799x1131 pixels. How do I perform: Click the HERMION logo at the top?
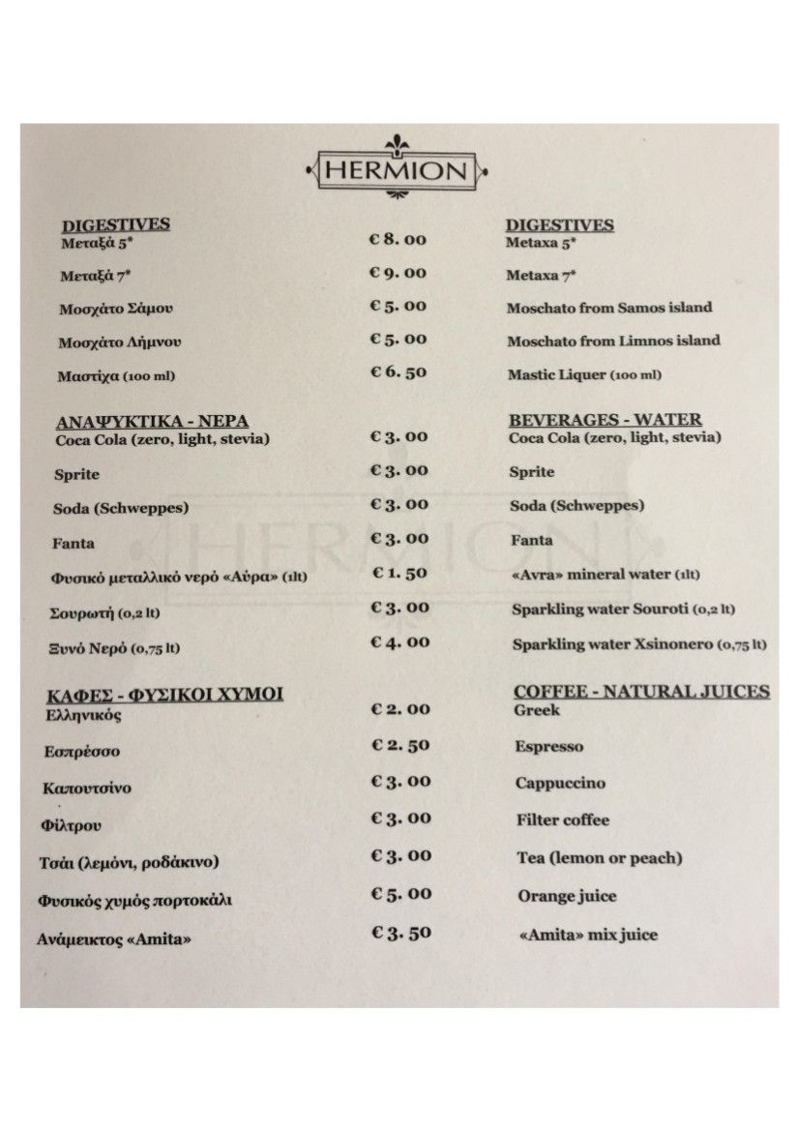tap(396, 169)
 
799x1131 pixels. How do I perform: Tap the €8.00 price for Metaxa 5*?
tap(398, 239)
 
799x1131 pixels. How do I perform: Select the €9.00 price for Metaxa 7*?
tap(398, 273)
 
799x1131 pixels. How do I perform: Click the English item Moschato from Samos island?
tap(608, 308)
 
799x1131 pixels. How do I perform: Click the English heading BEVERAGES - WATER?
tap(605, 420)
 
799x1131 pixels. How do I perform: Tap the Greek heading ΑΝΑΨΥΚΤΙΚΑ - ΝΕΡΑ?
tap(152, 422)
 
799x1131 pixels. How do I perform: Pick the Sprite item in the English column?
tap(532, 472)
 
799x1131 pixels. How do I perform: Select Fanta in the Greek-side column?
tap(74, 543)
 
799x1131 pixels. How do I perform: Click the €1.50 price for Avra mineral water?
tap(399, 573)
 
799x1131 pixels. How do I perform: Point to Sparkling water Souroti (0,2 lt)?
tap(623, 610)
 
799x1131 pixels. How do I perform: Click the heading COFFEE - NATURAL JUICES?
tap(641, 691)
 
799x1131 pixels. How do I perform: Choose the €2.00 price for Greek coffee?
tap(400, 709)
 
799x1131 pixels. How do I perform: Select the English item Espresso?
tap(548, 747)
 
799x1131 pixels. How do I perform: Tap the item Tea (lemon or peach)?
tap(599, 858)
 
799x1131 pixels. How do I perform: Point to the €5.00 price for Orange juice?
tap(401, 894)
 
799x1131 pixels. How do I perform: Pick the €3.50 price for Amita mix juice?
tap(401, 933)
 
